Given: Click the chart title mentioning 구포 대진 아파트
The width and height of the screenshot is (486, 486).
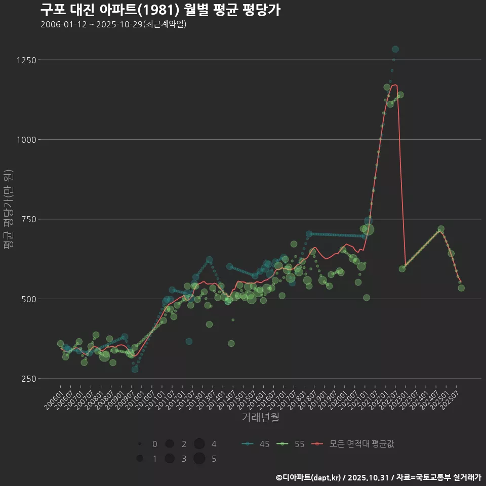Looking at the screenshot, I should (160, 10).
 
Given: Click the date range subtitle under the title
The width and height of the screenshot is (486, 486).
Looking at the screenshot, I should (113, 24).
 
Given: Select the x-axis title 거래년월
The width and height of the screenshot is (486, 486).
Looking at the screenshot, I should (261, 418).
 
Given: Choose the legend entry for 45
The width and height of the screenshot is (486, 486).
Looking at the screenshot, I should (256, 444).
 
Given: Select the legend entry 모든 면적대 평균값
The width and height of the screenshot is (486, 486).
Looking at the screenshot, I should (353, 444).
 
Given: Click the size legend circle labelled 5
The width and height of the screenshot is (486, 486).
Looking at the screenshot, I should (199, 459).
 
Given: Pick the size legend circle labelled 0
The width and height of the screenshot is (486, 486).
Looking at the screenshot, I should (139, 444).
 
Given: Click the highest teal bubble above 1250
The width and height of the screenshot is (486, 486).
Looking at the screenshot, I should (395, 49).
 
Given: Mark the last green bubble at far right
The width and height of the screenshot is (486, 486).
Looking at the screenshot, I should (461, 288).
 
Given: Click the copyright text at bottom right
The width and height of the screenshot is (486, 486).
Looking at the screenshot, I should (378, 477).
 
